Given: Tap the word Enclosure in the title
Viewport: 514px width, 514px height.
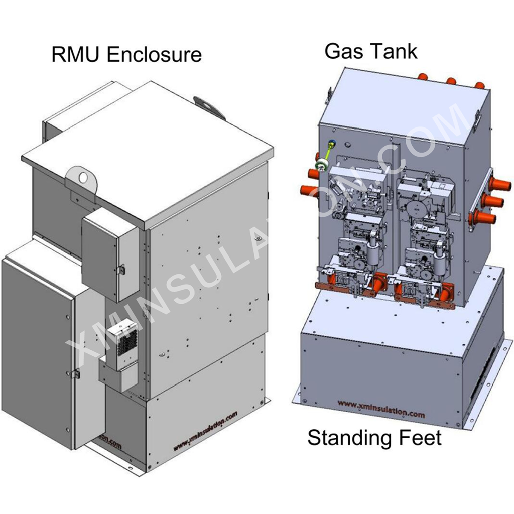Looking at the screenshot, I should tap(155, 55).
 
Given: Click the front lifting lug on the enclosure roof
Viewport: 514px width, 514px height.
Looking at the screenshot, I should tap(81, 177).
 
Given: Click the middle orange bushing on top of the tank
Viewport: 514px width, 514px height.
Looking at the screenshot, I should tap(450, 80).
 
